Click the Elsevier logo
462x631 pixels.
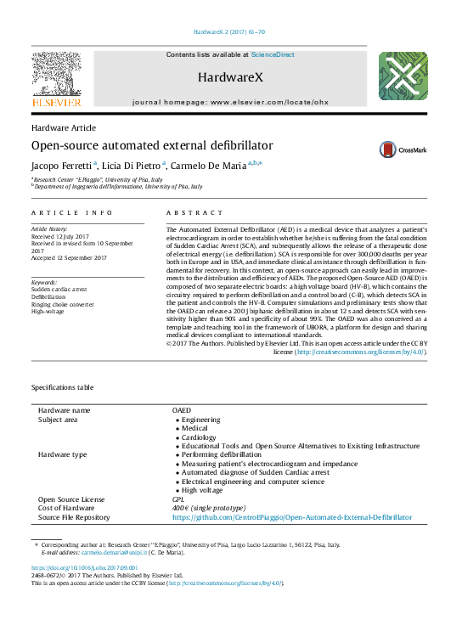(56, 80)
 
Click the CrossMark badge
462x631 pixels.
(403, 149)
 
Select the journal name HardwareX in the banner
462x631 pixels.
(230, 78)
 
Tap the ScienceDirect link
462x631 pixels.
(273, 54)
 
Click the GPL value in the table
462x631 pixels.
(177, 499)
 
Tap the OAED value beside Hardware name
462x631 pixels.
(182, 410)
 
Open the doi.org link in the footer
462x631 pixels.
(85, 566)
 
